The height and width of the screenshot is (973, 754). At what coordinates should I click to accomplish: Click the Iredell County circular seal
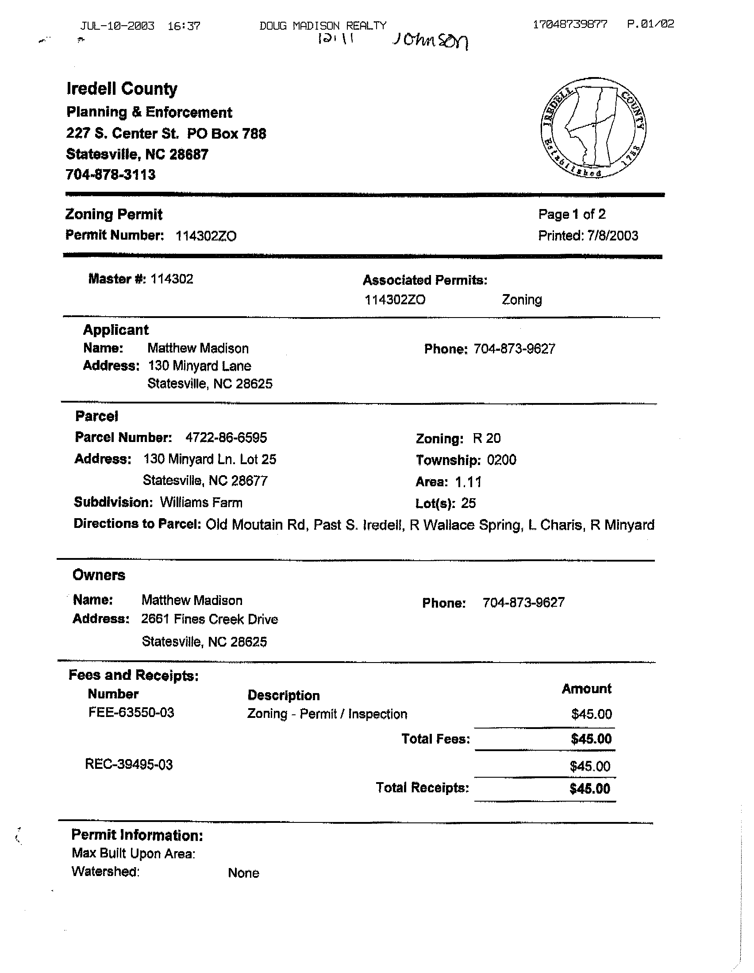[593, 128]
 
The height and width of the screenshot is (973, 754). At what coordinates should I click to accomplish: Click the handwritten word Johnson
[430, 42]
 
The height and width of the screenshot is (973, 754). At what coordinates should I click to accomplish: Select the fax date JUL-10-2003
[117, 26]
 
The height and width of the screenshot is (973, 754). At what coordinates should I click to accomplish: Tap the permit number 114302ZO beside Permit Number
[206, 236]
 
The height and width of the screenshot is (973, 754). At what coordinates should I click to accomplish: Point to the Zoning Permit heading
[114, 214]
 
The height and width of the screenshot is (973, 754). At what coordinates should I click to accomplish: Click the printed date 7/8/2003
[612, 236]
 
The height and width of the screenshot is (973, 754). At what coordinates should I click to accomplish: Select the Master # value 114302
[172, 279]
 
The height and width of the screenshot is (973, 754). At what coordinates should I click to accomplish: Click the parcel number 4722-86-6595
[226, 438]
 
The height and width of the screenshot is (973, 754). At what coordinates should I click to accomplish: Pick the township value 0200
[501, 460]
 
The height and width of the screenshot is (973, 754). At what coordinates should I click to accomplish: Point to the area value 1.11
[468, 481]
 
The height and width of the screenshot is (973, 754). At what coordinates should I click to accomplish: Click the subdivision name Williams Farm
[201, 503]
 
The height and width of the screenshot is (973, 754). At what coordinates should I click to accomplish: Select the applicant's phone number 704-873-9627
[514, 349]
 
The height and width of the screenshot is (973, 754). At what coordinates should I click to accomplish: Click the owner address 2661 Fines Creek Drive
[210, 619]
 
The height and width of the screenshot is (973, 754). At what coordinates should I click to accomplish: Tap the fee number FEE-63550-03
[131, 713]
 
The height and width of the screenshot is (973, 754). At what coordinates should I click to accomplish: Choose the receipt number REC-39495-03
[129, 764]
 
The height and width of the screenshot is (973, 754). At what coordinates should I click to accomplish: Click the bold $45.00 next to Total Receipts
[590, 789]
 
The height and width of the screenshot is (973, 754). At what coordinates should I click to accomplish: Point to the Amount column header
[586, 689]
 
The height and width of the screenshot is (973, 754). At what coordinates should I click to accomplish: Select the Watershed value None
[243, 873]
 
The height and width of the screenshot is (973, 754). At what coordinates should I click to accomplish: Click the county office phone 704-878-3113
[111, 174]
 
